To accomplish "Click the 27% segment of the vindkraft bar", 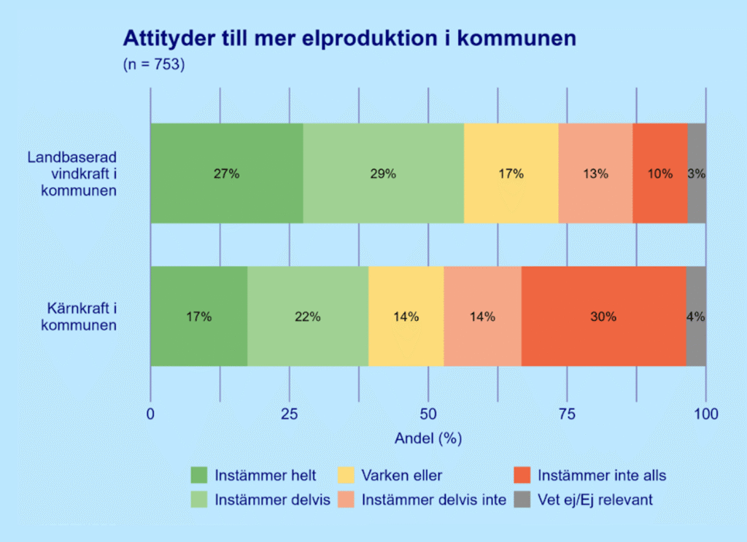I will [x=226, y=174].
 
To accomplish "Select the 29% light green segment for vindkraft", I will [x=383, y=174].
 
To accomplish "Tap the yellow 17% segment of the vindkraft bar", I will [x=511, y=174].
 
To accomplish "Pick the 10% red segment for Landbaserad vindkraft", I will [x=659, y=174].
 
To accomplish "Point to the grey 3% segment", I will [x=697, y=174].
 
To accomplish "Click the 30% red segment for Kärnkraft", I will [x=603, y=317].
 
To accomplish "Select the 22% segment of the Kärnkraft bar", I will [x=308, y=317].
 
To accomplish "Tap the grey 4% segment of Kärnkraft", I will [x=696, y=317].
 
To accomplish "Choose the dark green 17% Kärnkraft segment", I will [x=198, y=317].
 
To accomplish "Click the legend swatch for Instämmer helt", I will [x=199, y=476].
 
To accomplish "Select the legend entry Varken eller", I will [x=400, y=476].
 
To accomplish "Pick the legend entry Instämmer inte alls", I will [x=601, y=476].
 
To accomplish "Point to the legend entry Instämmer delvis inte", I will [x=433, y=500].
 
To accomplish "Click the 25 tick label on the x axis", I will [x=290, y=414].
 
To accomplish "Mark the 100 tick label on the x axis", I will [x=706, y=414].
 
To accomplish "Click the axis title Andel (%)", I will [x=428, y=438].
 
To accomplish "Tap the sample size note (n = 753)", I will [x=154, y=64].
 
